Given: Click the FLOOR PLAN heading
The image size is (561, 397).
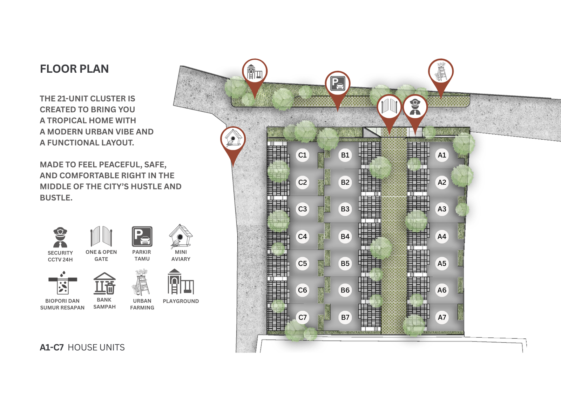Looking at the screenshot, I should [x=74, y=69].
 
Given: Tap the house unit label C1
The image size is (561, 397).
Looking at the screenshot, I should [x=302, y=155].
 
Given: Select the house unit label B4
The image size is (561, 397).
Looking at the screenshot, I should [x=345, y=237].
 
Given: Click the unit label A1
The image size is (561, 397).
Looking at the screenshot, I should [x=442, y=155].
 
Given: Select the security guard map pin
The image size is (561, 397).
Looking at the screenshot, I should [x=415, y=107].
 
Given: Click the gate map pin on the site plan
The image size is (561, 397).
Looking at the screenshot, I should [x=389, y=107].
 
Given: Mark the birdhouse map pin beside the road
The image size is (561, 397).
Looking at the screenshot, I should [x=233, y=139].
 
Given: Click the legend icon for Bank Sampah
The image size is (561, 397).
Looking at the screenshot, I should [x=104, y=284].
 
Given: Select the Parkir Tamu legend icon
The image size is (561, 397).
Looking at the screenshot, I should [x=142, y=236].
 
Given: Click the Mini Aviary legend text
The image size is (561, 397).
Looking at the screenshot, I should [x=181, y=256].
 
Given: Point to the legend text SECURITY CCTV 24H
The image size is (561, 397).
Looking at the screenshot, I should [x=60, y=256].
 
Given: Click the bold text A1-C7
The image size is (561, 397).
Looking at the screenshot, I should [x=52, y=348].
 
